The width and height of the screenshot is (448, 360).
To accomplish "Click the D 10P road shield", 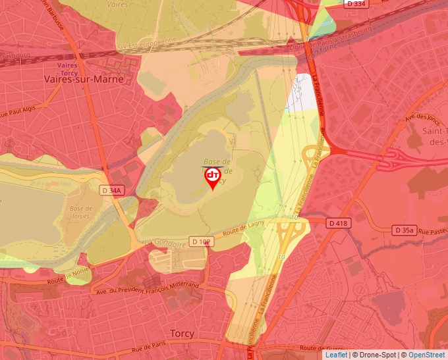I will pyautogui.click(x=202, y=242).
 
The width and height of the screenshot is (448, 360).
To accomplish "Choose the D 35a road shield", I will pyautogui.click(x=405, y=230).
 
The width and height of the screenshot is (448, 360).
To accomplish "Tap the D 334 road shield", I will pyautogui.click(x=355, y=4).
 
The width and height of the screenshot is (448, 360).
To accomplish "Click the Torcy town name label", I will pyautogui.click(x=182, y=334).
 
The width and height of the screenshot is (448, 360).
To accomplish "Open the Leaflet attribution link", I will pyautogui.click(x=336, y=355).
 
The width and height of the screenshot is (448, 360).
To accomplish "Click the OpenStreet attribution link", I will pyautogui.click(x=426, y=355).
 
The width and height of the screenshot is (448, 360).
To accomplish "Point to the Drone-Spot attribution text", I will pyautogui.click(x=378, y=355).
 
